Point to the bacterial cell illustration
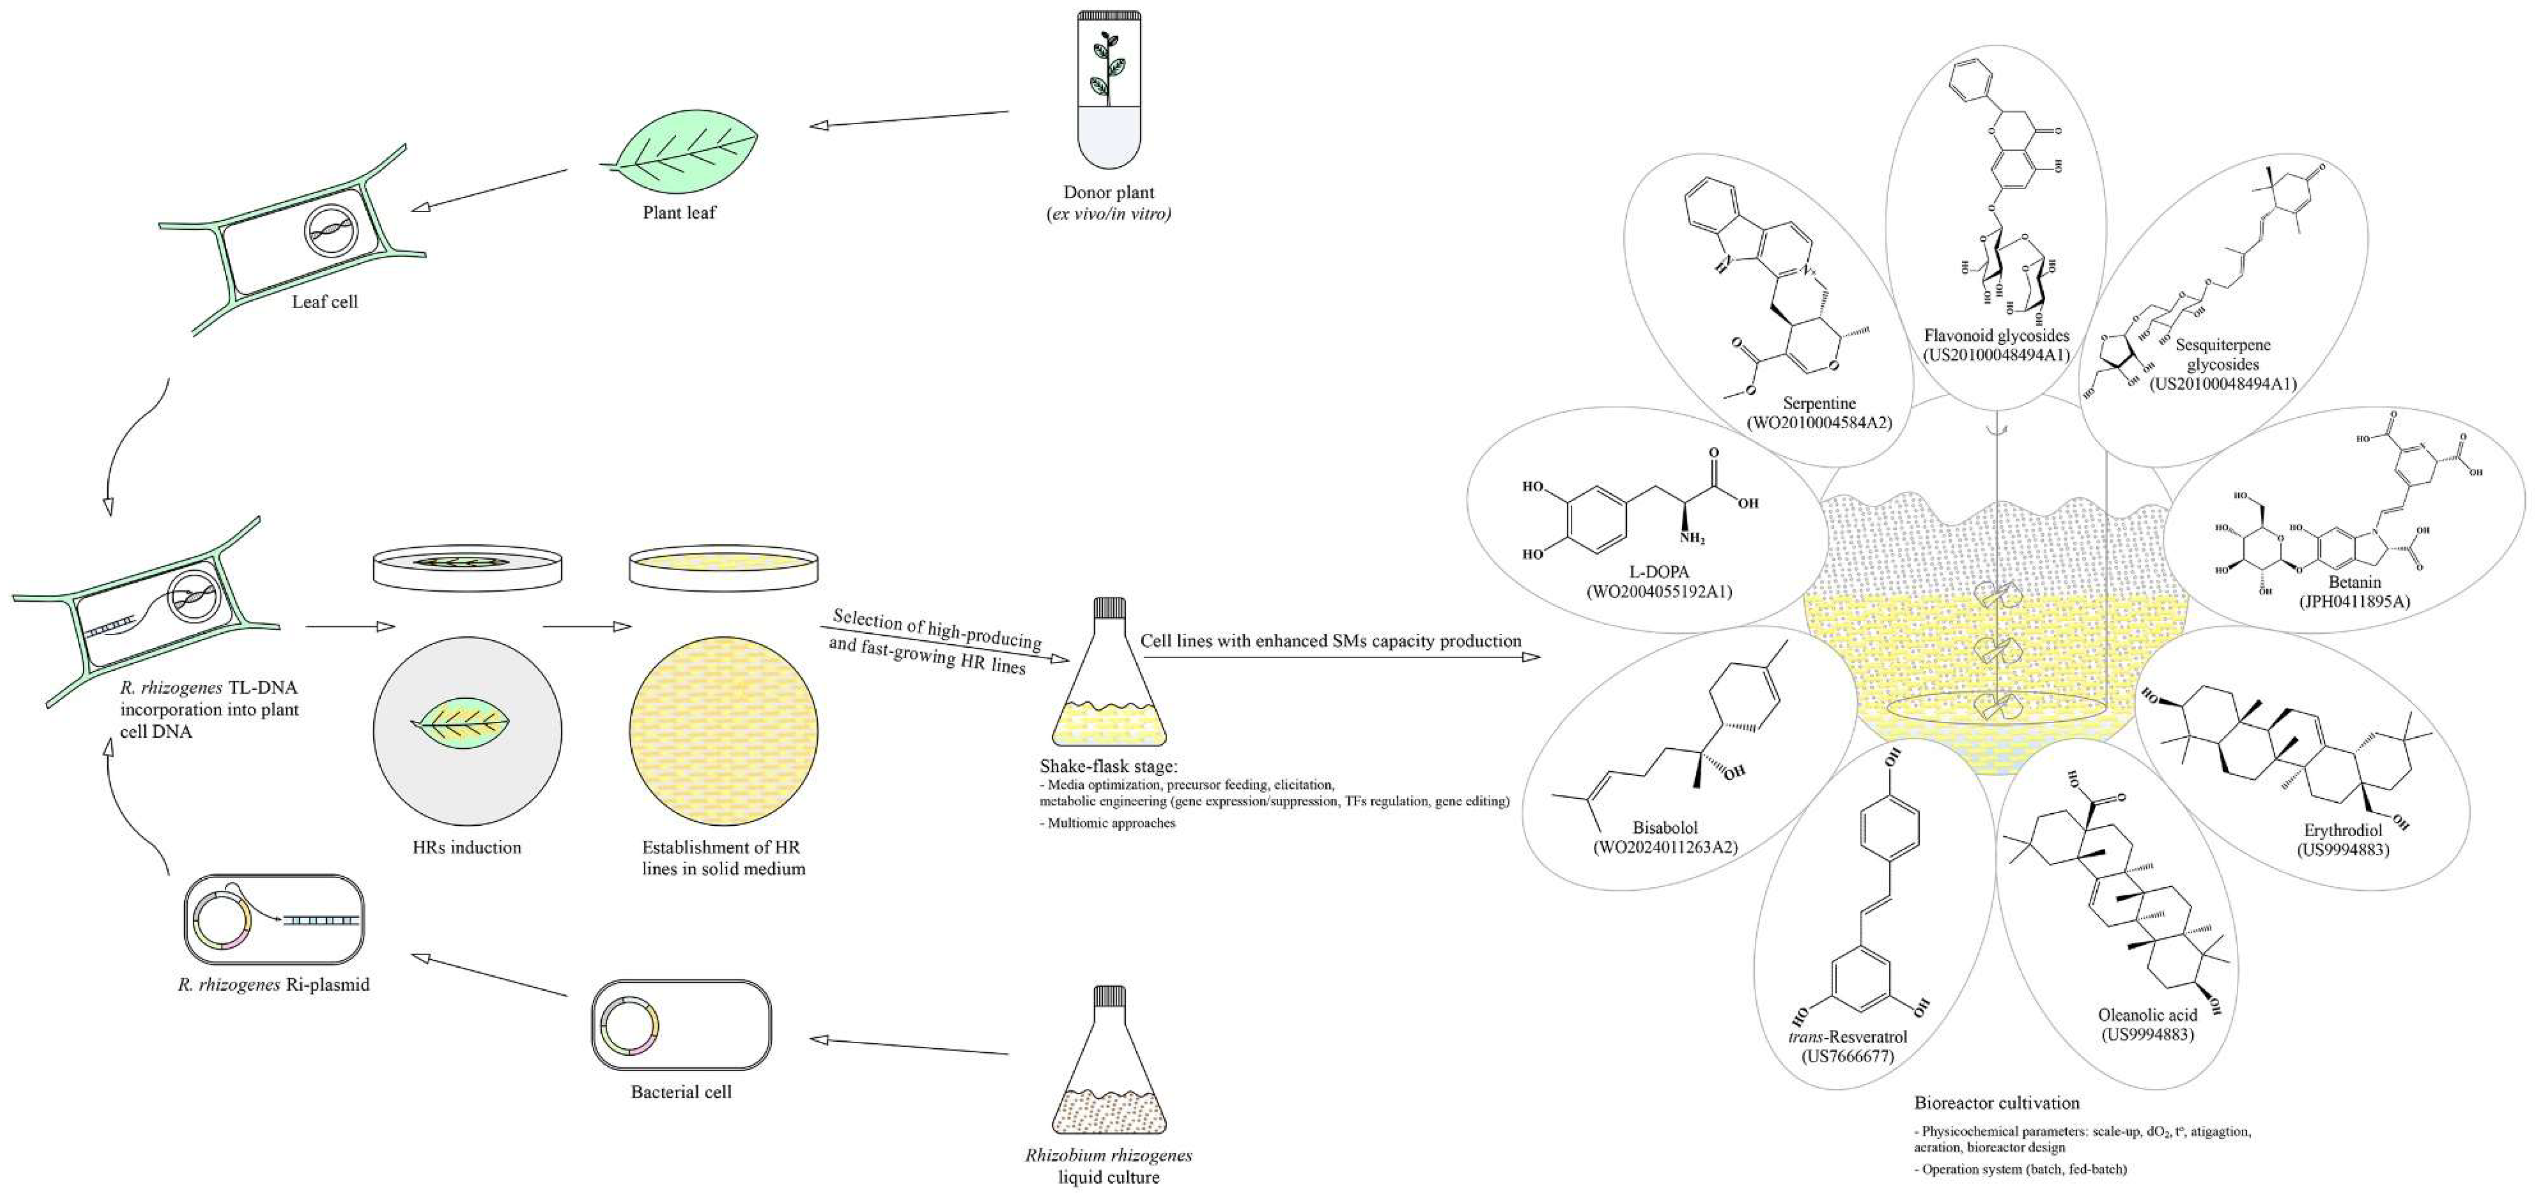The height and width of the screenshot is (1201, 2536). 681,1024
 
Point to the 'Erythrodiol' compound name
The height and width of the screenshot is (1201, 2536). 2343,830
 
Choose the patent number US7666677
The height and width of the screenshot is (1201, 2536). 1848,1056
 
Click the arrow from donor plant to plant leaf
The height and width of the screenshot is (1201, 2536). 909,119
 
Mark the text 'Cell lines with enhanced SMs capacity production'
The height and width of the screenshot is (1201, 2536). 1331,641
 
